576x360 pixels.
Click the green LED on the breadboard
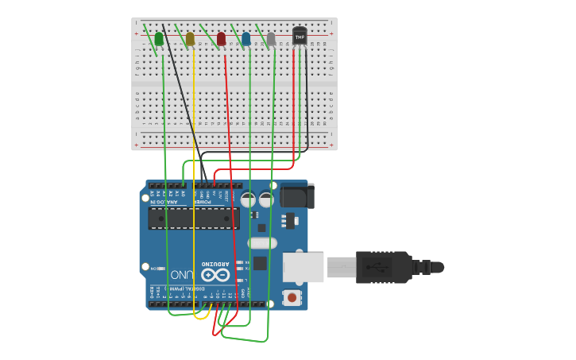click(x=159, y=38)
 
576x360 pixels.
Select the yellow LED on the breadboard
click(x=190, y=38)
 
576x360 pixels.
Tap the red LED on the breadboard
click(x=221, y=38)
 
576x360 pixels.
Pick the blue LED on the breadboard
click(x=245, y=38)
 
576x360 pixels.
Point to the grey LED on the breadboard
click(x=271, y=38)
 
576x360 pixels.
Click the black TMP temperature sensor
click(x=300, y=35)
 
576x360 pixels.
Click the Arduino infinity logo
click(x=218, y=275)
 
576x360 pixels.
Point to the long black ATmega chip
click(x=194, y=219)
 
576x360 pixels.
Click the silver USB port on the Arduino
click(x=303, y=267)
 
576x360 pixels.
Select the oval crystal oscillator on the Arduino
click(x=262, y=243)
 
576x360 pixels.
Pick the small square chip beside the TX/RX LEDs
click(x=259, y=263)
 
